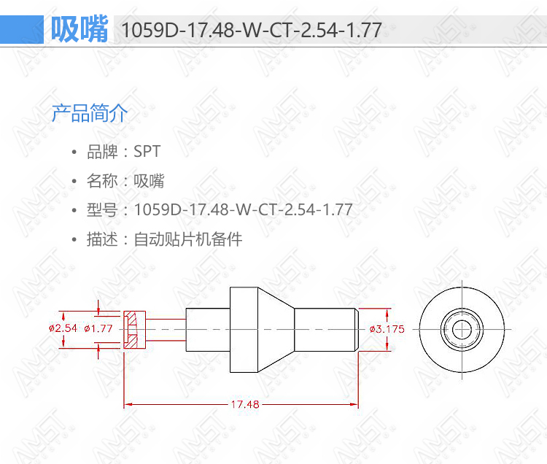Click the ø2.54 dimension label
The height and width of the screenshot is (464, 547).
coord(63,328)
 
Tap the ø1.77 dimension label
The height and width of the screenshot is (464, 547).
coord(98,328)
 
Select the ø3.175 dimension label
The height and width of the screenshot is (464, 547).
coord(387,329)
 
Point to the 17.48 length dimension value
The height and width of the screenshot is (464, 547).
coord(245,404)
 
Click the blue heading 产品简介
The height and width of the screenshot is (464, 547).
coord(90,113)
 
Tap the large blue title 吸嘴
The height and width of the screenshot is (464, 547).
coord(79,29)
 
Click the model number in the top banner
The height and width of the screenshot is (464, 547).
coord(252,30)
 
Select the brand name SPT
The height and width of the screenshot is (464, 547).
coord(147,152)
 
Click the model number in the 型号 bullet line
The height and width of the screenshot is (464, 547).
coord(243,209)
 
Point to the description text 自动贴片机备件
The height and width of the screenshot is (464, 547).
coord(188,239)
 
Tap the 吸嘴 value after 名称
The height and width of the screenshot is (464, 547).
coord(149,181)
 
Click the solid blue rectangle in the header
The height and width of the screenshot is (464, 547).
coord(22,29)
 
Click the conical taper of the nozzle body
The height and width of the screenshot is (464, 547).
coord(276,330)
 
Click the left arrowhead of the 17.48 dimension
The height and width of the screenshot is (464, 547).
coord(128,404)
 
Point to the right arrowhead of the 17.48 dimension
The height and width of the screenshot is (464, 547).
coord(354,404)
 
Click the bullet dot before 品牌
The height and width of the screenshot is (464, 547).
coord(74,152)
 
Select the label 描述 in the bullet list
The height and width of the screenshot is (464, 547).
coord(102,239)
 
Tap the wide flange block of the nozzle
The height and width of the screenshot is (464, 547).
coord(244,330)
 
